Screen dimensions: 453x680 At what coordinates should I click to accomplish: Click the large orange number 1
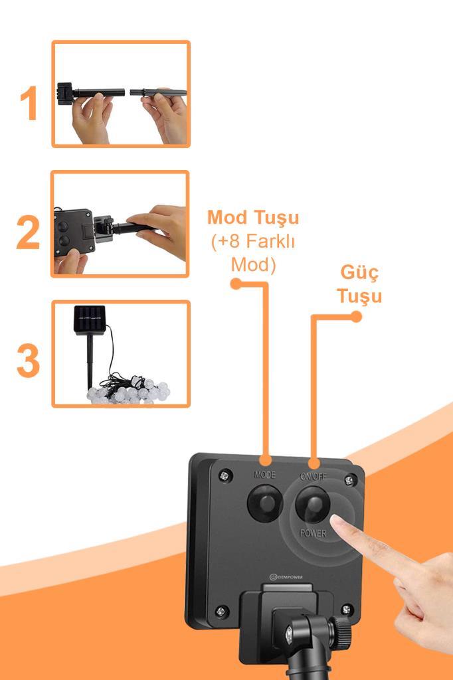[29, 103]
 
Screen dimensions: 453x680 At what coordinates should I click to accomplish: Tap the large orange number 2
[28, 232]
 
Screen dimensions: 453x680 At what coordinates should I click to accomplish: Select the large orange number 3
[28, 361]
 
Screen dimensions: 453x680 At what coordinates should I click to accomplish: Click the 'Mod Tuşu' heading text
[253, 218]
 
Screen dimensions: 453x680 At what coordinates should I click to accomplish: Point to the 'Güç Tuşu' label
[359, 284]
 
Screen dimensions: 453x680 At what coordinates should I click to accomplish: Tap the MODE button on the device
[264, 503]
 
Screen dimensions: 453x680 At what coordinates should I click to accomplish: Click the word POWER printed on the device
[314, 533]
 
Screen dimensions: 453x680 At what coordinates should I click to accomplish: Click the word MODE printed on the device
[264, 474]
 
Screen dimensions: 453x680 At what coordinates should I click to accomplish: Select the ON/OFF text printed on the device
[314, 476]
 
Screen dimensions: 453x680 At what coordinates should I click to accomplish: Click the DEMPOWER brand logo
[286, 577]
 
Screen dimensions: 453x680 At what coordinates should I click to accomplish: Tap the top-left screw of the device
[225, 475]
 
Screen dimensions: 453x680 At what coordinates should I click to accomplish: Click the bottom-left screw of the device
[221, 612]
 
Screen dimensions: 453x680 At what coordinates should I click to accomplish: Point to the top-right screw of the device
[349, 480]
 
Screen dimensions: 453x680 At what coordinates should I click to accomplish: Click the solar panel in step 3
[90, 319]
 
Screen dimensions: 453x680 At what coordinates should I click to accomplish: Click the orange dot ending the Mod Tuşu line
[236, 284]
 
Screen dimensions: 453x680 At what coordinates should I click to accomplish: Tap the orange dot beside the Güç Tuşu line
[356, 317]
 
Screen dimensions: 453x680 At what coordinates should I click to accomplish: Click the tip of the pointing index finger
[333, 518]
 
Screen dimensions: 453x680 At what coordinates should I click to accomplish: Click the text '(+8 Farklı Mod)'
[254, 252]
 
